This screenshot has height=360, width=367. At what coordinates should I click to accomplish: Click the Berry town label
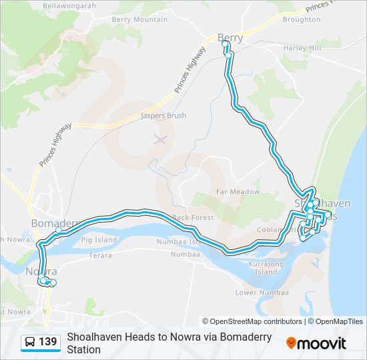(230, 38)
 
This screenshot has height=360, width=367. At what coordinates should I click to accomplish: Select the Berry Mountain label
(139, 19)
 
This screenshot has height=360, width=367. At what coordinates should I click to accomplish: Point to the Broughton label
(302, 19)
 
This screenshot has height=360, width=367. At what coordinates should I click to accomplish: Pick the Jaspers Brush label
(163, 115)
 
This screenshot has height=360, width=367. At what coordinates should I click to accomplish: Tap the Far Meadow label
(238, 191)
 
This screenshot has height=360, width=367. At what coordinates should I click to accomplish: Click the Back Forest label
(192, 217)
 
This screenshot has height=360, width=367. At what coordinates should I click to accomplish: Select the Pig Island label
(99, 239)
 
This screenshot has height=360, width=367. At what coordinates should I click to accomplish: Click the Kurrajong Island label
(266, 268)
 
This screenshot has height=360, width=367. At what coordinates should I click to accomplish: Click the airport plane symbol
(159, 139)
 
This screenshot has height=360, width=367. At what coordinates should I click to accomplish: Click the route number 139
(48, 342)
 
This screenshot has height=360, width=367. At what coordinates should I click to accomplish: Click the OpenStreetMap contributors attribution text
(252, 321)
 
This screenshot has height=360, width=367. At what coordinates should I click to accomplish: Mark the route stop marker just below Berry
(228, 55)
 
